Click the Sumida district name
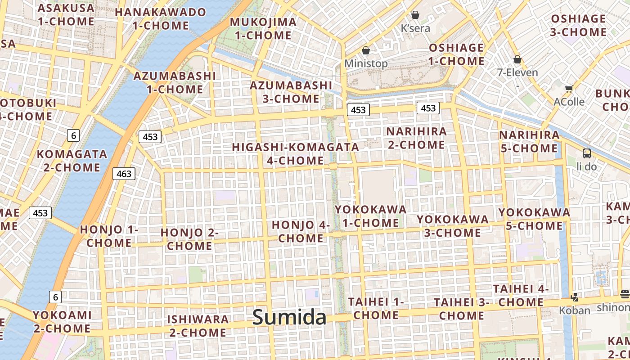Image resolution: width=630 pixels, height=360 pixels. click(x=289, y=317)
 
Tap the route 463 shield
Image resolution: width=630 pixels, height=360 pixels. click(x=124, y=174)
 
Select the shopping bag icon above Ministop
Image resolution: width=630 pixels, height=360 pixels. click(x=366, y=50)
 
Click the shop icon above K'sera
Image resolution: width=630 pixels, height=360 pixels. click(x=415, y=15)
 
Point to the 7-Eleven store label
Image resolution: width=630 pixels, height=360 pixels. click(x=517, y=72)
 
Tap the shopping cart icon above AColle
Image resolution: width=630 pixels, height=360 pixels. click(x=569, y=89)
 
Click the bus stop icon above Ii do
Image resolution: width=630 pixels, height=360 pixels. click(x=587, y=153)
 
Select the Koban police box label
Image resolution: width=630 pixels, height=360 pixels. click(x=574, y=310)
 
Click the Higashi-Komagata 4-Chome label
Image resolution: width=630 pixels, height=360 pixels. click(x=295, y=153)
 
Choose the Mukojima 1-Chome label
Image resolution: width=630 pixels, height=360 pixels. click(x=263, y=28)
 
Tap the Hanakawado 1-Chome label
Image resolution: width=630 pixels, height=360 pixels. click(x=161, y=18)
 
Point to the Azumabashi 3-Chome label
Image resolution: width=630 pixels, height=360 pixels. click(x=291, y=92)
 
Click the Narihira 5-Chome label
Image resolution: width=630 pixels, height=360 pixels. click(x=529, y=141)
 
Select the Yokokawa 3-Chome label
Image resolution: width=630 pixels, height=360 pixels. click(x=452, y=226)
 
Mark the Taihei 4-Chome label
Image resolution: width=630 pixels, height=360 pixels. click(x=521, y=295)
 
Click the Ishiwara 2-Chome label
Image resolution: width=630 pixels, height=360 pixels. click(x=198, y=326)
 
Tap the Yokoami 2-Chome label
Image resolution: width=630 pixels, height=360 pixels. click(x=62, y=321)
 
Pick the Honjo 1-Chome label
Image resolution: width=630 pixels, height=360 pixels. click(x=109, y=236)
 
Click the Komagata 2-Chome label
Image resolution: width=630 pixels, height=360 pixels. click(x=72, y=161)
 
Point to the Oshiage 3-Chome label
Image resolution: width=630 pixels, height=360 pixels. click(x=578, y=25)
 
